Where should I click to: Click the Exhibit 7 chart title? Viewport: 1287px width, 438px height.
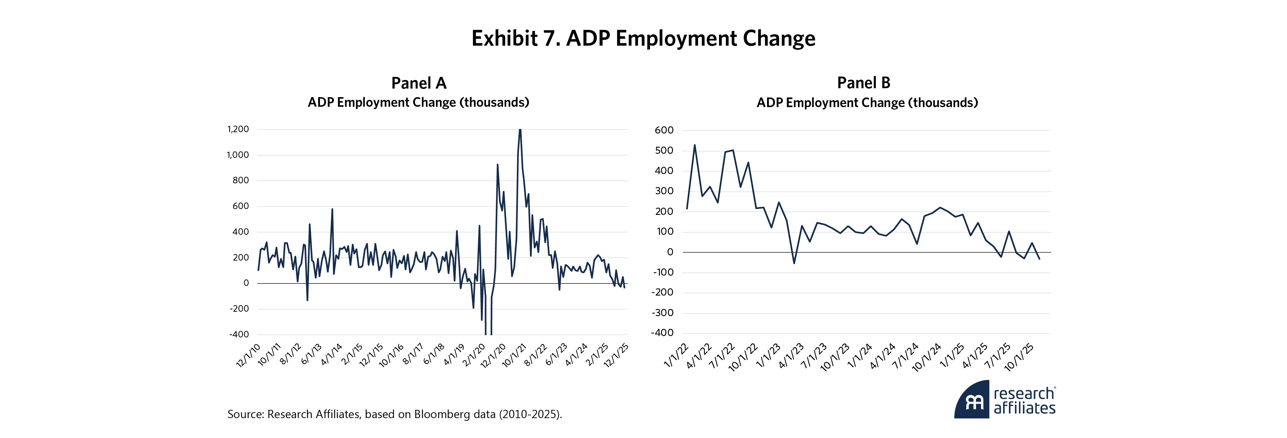(x=643, y=38)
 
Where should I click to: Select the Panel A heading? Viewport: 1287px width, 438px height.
(x=419, y=83)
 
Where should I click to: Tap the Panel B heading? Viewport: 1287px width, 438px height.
(x=863, y=83)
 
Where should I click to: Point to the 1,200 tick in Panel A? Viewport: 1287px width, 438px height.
(x=238, y=129)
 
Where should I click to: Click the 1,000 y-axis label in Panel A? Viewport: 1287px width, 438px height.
(x=238, y=155)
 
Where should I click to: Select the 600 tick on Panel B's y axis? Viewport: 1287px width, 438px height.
(x=664, y=130)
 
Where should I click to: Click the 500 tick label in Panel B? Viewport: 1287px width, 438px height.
(x=664, y=151)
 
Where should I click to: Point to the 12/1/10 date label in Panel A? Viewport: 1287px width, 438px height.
(x=248, y=355)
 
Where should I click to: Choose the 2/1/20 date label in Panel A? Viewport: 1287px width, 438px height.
(x=474, y=355)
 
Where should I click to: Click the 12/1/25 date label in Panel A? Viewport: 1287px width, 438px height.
(x=616, y=355)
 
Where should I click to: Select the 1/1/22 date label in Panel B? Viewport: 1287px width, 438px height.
(x=676, y=356)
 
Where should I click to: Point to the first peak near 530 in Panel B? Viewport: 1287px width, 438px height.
(x=694, y=145)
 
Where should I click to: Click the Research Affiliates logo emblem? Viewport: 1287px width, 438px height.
(x=972, y=400)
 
